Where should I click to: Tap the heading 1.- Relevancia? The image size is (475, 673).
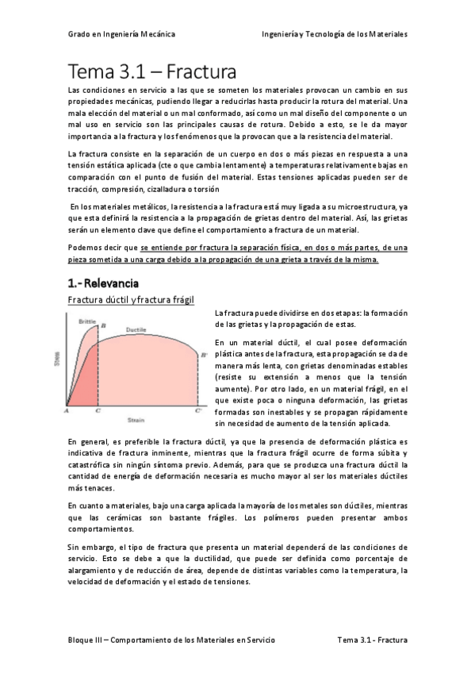103,283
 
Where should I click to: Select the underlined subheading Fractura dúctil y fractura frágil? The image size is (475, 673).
131,299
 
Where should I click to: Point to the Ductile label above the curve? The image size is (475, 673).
136,329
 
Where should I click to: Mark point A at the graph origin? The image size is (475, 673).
67,411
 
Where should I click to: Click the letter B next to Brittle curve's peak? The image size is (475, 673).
102,325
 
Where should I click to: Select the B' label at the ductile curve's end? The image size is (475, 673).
205,355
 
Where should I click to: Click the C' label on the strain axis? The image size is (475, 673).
197,411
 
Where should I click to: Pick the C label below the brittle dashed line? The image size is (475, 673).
97,411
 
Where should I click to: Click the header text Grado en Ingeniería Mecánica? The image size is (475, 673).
121,35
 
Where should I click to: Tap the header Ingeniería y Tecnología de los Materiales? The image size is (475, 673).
334,35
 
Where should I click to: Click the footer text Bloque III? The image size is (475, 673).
88,639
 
